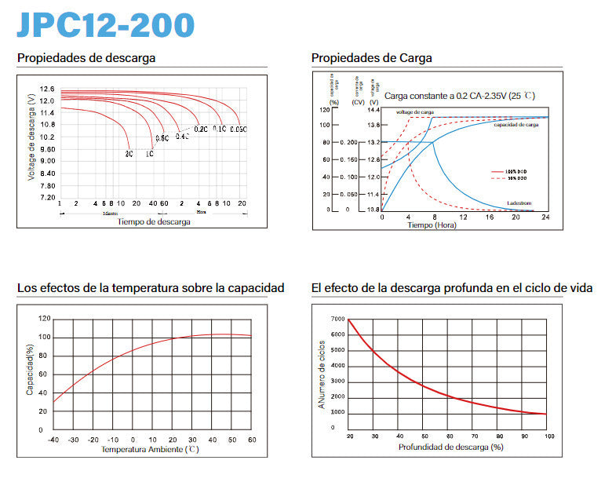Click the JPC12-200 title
click(x=105, y=25)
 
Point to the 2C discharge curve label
click(x=129, y=155)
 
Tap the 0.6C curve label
click(x=162, y=139)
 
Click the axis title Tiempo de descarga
click(x=154, y=221)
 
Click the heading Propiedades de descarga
click(x=86, y=58)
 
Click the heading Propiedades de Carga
click(x=372, y=58)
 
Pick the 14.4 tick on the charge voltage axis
click(x=373, y=109)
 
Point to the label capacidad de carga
click(x=515, y=125)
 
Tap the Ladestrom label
click(x=519, y=203)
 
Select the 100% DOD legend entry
click(x=516, y=170)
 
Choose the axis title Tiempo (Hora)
click(x=432, y=225)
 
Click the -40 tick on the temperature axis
click(x=53, y=440)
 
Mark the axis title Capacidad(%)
click(x=31, y=369)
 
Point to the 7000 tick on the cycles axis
click(x=337, y=320)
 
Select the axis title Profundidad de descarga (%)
click(x=450, y=447)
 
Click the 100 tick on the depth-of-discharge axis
click(x=549, y=436)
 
